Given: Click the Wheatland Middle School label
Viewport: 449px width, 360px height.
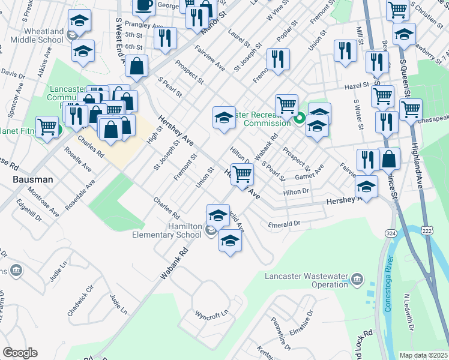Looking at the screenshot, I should coord(34,35).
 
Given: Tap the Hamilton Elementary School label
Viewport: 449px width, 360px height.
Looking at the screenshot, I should coord(167,230).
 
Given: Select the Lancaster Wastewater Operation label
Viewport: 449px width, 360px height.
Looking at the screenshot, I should coord(306,280).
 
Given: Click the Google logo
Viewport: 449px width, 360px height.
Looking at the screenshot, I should coord(20,353).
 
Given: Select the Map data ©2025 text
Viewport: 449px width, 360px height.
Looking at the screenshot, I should coord(423,355).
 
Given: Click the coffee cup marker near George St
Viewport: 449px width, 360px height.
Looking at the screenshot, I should coord(143,5).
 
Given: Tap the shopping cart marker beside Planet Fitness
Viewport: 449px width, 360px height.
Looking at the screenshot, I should coord(47,127).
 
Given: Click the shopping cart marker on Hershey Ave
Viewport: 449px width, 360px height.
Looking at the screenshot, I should coord(241,175).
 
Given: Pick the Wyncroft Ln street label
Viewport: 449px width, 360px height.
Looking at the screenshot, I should coord(212,314).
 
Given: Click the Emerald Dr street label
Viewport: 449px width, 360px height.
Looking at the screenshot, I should coord(285,224).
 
